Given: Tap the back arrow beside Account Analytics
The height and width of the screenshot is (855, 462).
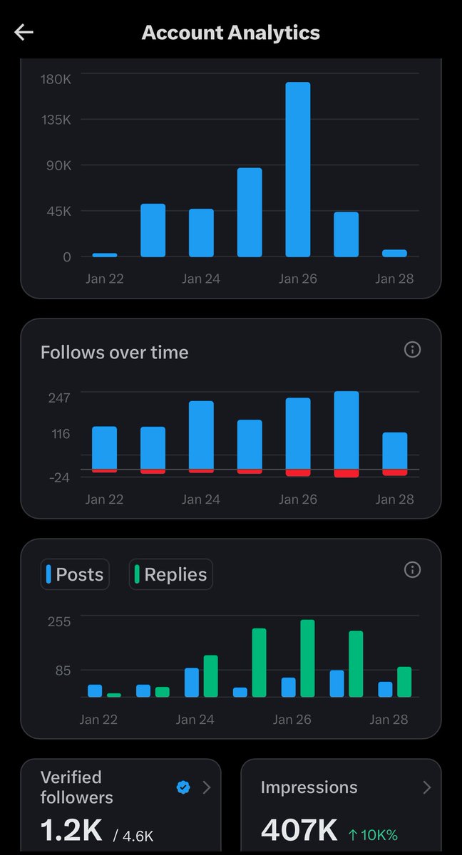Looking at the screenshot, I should tap(24, 33).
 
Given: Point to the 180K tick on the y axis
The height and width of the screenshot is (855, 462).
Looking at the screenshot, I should tap(56, 79).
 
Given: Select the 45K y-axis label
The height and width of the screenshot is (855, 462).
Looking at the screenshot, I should tap(57, 211).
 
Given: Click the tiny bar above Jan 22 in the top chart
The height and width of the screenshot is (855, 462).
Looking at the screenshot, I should tap(105, 254).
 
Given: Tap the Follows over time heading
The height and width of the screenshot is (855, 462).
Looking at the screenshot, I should tap(114, 352).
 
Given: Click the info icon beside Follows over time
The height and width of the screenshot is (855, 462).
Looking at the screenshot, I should tap(412, 349).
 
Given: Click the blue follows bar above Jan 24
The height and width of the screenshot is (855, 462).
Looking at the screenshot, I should tap(201, 435).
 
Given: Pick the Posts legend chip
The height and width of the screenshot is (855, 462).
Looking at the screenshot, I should tap(75, 574).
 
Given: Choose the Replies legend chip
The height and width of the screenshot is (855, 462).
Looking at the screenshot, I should tap(171, 574).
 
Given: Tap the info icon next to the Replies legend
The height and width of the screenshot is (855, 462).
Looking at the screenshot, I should tap(412, 569).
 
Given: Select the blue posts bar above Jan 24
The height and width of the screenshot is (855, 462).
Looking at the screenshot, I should tap(192, 682).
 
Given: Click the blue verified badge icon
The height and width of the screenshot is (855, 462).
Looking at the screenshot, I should tap(183, 787).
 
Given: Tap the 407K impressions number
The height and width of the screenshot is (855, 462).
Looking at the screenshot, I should tap(299, 829).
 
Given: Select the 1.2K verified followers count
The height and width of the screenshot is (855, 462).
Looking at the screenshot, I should tap(71, 829).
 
